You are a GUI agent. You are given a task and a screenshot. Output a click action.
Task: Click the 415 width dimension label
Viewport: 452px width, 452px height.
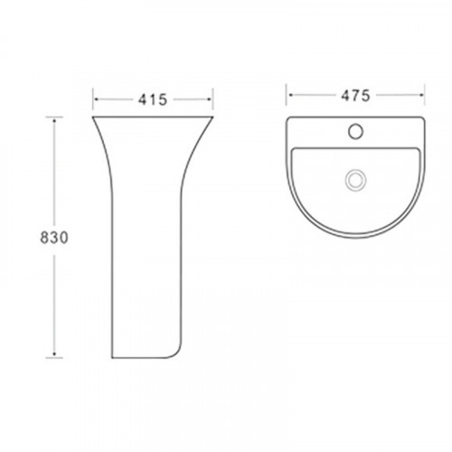[153, 99]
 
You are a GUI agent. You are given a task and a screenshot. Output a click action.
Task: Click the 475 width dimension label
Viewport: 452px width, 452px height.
[355, 96]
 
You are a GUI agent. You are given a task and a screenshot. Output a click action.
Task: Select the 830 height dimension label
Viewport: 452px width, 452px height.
[54, 238]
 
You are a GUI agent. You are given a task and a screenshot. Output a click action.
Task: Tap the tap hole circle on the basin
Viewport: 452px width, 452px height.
[355, 131]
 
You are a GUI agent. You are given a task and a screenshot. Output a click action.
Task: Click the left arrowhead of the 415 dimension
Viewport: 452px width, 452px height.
[97, 99]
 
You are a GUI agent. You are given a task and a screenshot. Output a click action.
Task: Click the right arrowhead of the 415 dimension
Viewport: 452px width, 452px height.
[209, 99]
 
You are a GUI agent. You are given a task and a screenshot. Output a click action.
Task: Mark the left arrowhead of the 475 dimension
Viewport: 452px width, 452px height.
[290, 95]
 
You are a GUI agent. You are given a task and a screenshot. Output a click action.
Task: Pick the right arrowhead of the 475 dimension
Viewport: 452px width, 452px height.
[421, 95]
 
